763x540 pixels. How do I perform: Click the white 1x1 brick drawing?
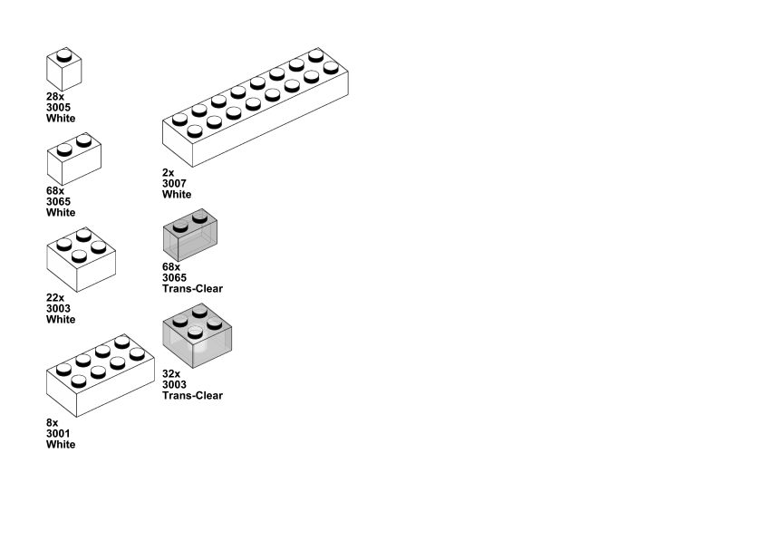pos(64,70)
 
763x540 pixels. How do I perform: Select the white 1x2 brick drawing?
pos(73,159)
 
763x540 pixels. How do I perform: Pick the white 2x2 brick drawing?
pos(82,260)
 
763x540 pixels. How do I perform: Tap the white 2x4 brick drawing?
pos(100,376)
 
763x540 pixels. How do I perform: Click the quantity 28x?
pos(55,96)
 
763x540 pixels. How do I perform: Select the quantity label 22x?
pos(55,297)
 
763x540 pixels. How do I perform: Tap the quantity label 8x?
pos(53,422)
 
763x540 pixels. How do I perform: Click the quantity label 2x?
pos(169,172)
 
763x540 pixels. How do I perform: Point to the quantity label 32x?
pos(171,373)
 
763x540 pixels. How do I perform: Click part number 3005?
pos(59,107)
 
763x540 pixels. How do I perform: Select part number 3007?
pos(175,183)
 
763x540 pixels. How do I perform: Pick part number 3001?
pos(59,433)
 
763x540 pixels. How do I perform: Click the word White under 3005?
pos(61,118)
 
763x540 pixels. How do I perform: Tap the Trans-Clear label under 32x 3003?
pos(192,395)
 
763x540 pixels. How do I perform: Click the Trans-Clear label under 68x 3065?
pos(192,288)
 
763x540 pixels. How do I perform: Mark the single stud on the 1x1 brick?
pos(63,55)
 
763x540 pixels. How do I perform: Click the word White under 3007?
pos(177,194)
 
